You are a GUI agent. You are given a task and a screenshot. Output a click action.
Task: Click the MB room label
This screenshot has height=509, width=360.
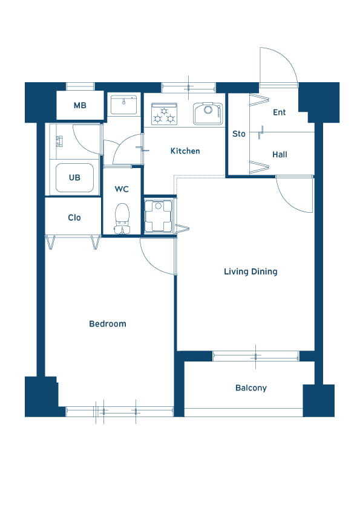click(x=80, y=106)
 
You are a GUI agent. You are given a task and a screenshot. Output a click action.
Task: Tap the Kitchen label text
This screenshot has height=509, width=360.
click(x=185, y=151)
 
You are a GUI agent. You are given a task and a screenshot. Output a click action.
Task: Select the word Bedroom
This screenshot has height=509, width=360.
click(x=108, y=323)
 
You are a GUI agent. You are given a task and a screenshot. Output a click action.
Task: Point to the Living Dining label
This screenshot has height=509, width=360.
click(x=250, y=271)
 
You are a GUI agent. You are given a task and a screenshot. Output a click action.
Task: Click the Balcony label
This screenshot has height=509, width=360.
click(x=251, y=388)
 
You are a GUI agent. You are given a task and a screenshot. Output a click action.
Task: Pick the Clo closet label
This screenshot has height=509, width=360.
click(x=74, y=218)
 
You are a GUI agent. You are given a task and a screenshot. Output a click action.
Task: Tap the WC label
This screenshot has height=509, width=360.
click(x=122, y=189)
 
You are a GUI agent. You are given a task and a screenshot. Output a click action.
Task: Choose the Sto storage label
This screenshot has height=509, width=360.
click(x=239, y=134)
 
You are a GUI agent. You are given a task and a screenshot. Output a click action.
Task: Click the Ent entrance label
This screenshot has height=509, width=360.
click(x=279, y=112)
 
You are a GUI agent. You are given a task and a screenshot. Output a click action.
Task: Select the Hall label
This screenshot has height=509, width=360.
click(x=280, y=155)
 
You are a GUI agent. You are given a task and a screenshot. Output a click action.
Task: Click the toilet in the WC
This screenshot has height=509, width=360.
click(x=122, y=218)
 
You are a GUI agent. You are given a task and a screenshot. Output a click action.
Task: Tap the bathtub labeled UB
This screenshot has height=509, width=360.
click(x=74, y=178)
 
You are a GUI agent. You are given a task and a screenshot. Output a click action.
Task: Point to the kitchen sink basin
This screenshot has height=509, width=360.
click(x=208, y=114)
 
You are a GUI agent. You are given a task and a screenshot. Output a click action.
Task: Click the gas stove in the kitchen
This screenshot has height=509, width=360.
click(x=165, y=114)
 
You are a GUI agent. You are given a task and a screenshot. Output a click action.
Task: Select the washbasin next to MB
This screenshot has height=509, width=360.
click(x=123, y=105)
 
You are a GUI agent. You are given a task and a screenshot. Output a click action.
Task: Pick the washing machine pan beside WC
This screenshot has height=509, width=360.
click(x=159, y=216)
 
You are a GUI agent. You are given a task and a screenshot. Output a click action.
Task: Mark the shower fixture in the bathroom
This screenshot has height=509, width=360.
click(x=59, y=141)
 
